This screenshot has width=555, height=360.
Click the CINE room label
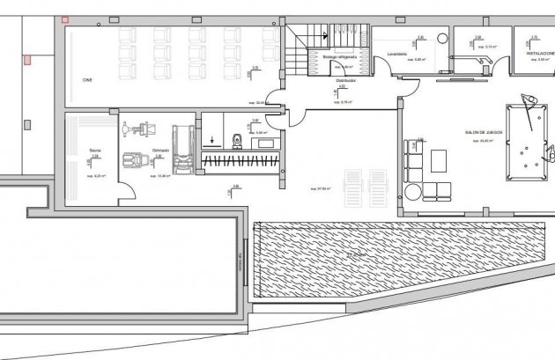tap(87, 80)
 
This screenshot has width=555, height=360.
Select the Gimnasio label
tap(159, 151)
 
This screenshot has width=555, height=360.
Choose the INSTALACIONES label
tap(540, 52)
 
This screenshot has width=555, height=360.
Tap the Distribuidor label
tap(344, 79)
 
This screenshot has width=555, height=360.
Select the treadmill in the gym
tap(183, 145)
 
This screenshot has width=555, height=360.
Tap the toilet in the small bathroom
tap(236, 139)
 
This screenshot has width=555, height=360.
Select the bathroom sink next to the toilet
tap(262, 140)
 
